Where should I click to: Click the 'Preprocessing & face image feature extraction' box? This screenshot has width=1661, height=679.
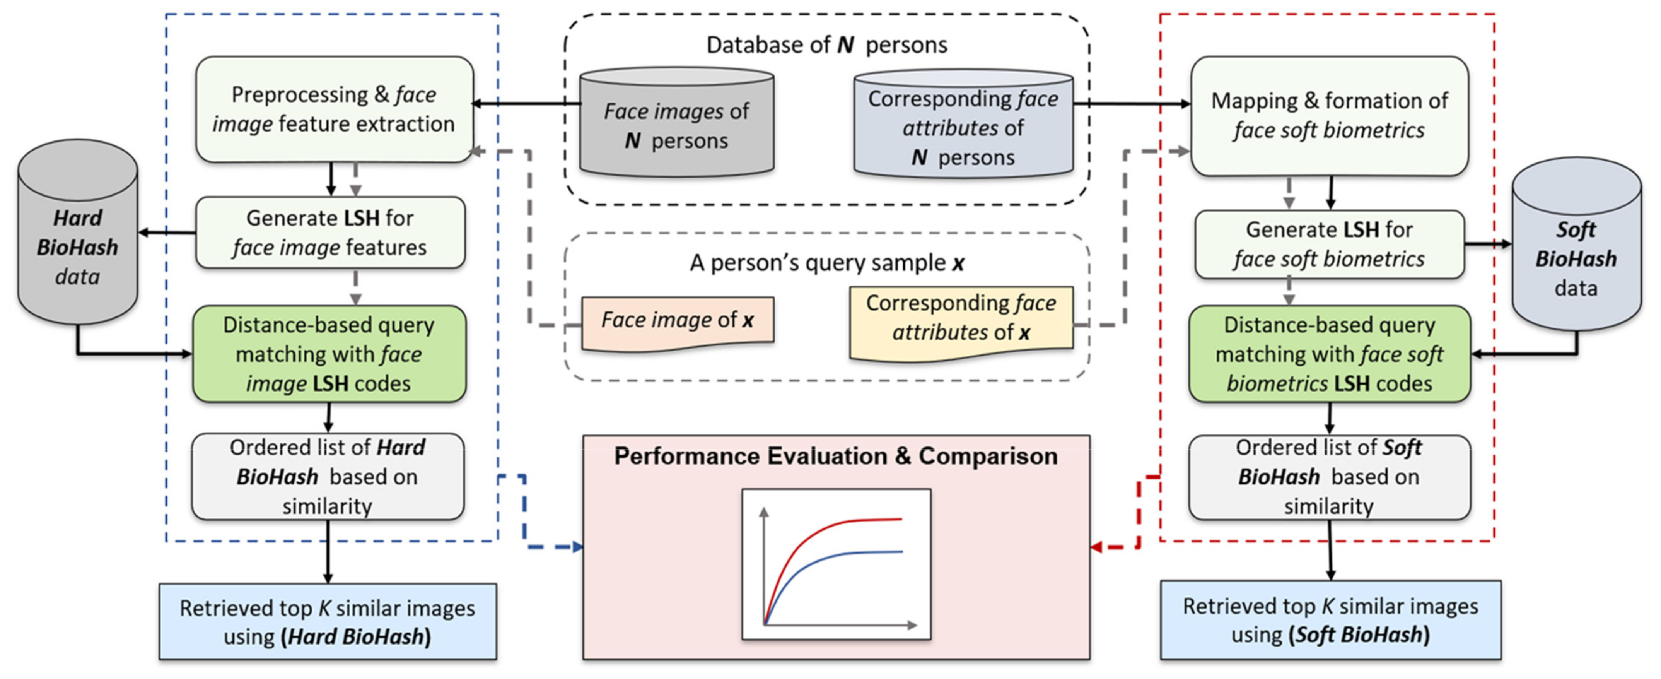[x=334, y=109]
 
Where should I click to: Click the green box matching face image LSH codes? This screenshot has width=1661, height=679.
[x=329, y=354]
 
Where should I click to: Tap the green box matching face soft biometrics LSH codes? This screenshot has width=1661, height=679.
[x=1330, y=354]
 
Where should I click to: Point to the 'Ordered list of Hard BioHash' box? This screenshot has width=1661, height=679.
[x=328, y=477]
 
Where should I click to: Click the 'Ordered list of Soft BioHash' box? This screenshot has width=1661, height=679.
[x=1330, y=477]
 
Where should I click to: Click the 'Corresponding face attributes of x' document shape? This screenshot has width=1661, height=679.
[x=961, y=319]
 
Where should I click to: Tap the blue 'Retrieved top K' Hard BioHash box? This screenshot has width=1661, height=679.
[x=328, y=622]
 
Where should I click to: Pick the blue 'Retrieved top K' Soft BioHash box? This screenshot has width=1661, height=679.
[x=1330, y=620]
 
